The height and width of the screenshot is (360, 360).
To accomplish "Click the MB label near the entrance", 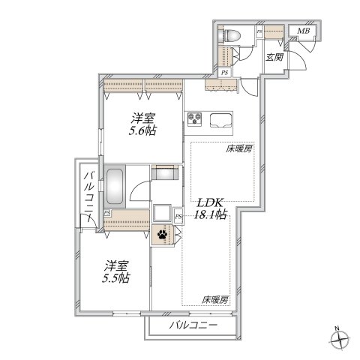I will tap(303, 31).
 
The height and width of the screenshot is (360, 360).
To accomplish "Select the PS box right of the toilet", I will tap(259, 32).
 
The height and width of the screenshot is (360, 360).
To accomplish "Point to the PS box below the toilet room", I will tap(226, 72).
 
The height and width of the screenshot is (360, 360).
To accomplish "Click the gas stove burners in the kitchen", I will tap(196, 118).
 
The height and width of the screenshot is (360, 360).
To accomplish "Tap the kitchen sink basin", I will tap(223, 118).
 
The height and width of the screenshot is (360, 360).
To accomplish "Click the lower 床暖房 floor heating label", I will tap(214, 299).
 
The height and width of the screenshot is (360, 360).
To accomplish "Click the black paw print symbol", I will tap(163, 233).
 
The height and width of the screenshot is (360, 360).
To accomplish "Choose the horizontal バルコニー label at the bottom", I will tap(193, 325).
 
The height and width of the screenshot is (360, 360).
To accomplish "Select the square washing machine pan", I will tap(163, 213).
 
